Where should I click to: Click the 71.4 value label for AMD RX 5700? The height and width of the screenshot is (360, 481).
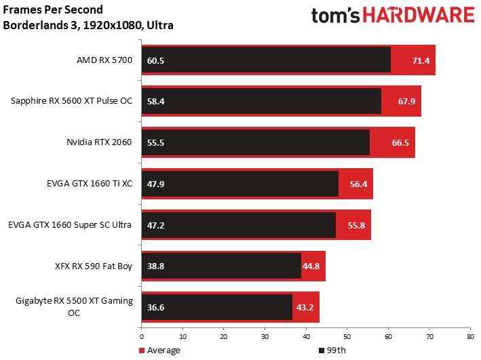[421, 61]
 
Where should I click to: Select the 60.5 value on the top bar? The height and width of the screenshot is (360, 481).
[155, 61]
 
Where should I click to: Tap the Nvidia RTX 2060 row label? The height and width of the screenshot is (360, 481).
[99, 142]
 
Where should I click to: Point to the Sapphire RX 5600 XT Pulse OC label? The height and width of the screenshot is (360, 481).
[71, 101]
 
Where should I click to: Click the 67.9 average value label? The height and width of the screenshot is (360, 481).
[406, 101]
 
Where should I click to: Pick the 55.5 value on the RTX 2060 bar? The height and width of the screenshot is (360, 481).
[155, 143]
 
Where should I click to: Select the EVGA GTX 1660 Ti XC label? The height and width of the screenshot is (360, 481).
[90, 183]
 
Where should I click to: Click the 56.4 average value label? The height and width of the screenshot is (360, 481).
[358, 184]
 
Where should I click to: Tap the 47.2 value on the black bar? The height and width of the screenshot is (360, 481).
[155, 225]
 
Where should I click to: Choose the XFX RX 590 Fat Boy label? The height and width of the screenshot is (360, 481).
[94, 266]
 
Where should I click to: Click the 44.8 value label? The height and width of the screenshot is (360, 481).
[311, 266]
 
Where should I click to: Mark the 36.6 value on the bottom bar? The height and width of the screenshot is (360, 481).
[155, 308]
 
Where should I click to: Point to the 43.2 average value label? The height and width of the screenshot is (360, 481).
[305, 308]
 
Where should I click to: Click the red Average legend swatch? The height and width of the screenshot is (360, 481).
[142, 351]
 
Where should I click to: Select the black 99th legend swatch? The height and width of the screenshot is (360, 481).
[322, 351]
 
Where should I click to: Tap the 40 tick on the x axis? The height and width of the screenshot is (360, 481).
[306, 337]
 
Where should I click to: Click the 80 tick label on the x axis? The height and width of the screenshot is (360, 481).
[470, 337]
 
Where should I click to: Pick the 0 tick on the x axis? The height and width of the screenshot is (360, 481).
[142, 337]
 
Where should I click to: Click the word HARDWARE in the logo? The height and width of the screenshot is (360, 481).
[419, 16]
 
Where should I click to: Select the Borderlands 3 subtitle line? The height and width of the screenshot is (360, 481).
[88, 25]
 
